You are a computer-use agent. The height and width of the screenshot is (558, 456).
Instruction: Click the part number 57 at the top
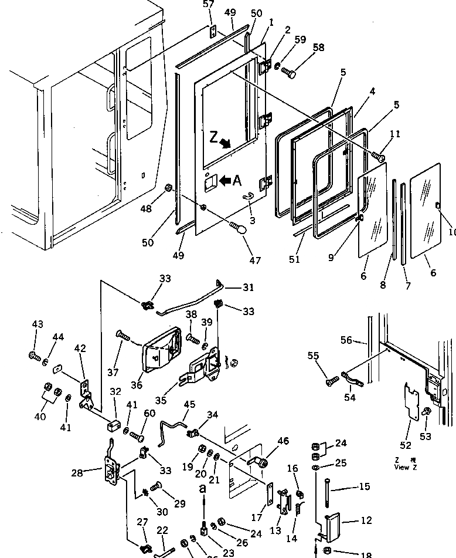pyautogui.click(x=209, y=5)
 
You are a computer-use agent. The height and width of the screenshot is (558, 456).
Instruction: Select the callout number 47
pyautogui.click(x=255, y=261)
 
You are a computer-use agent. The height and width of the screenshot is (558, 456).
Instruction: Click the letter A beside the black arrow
pyautogui.click(x=236, y=181)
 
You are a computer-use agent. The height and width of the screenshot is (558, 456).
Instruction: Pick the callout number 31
pyautogui.click(x=249, y=288)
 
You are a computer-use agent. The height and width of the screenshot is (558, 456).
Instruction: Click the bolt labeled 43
pyautogui.click(x=33, y=354)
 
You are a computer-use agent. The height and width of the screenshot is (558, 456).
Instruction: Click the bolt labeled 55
pyautogui.click(x=330, y=382)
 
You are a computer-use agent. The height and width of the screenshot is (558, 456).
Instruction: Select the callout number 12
pyautogui.click(x=349, y=520)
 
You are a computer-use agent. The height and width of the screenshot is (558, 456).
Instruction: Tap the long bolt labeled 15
pyautogui.click(x=326, y=487)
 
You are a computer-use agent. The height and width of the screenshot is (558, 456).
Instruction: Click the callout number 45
pyautogui.click(x=189, y=405)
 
